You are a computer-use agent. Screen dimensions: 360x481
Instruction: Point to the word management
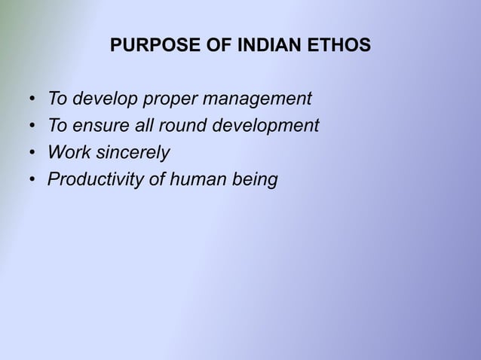(x=261, y=99)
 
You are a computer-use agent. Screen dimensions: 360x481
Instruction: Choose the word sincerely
(x=130, y=153)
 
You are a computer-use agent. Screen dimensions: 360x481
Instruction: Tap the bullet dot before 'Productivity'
(x=32, y=181)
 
